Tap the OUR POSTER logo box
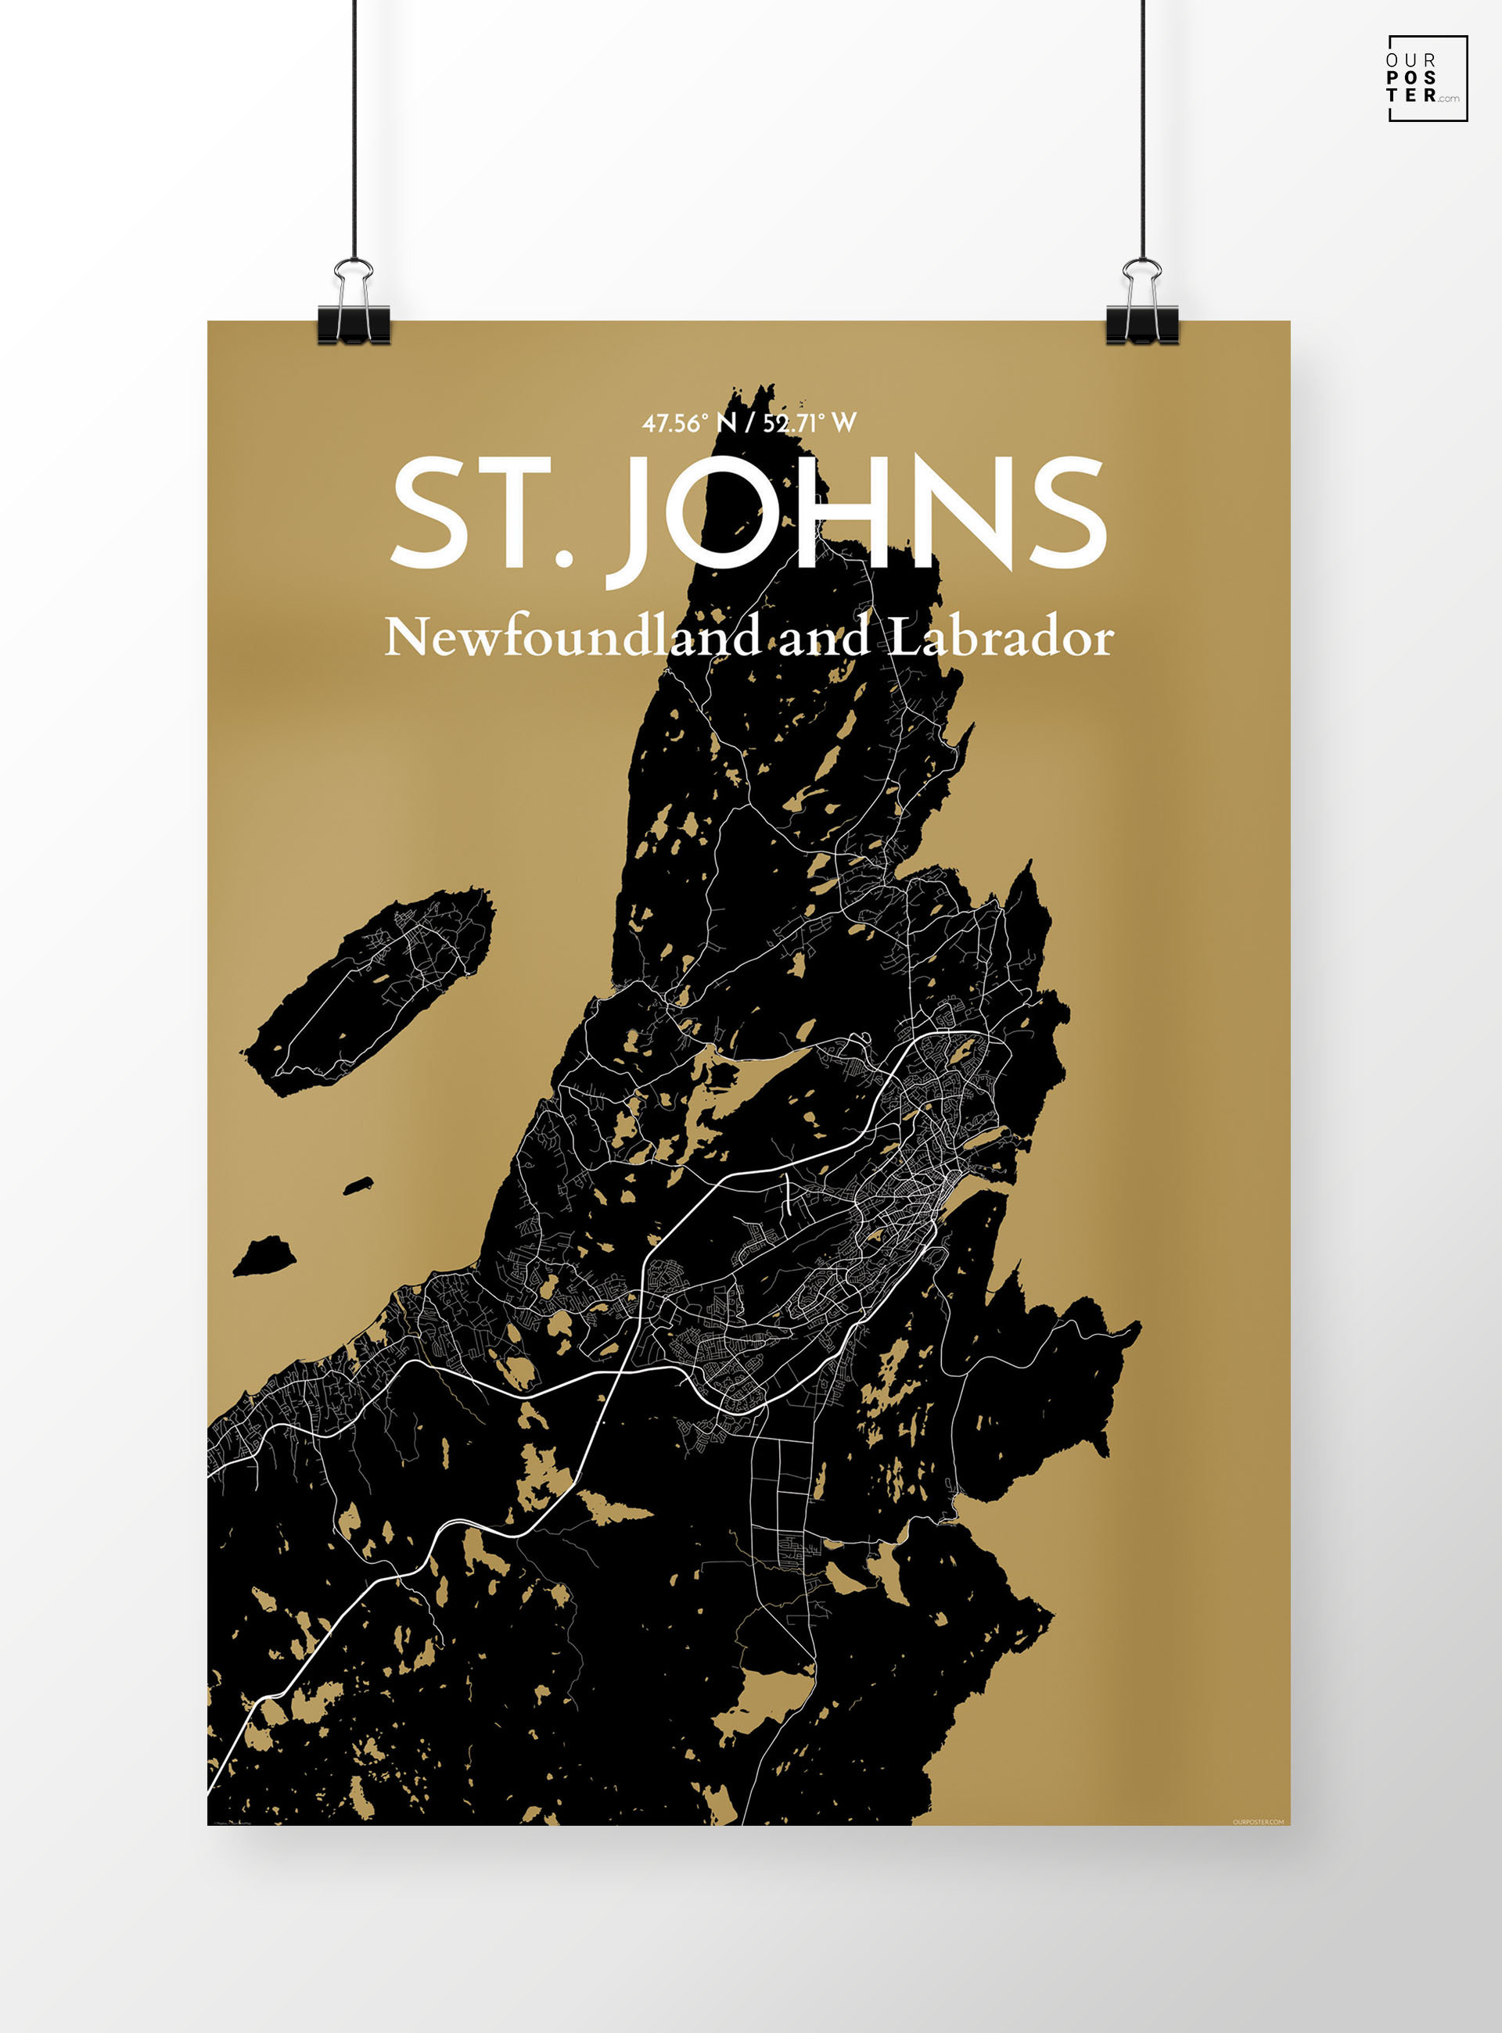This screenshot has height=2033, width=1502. (1427, 78)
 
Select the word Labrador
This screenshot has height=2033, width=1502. (1000, 637)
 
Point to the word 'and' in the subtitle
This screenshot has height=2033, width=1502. (824, 638)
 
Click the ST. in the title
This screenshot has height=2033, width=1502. (482, 514)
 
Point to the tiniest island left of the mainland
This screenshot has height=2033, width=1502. (358, 1185)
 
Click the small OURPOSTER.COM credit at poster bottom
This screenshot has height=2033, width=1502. (1259, 1820)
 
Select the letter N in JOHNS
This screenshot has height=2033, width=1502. (954, 513)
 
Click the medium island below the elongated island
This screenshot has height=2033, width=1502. (265, 1257)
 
